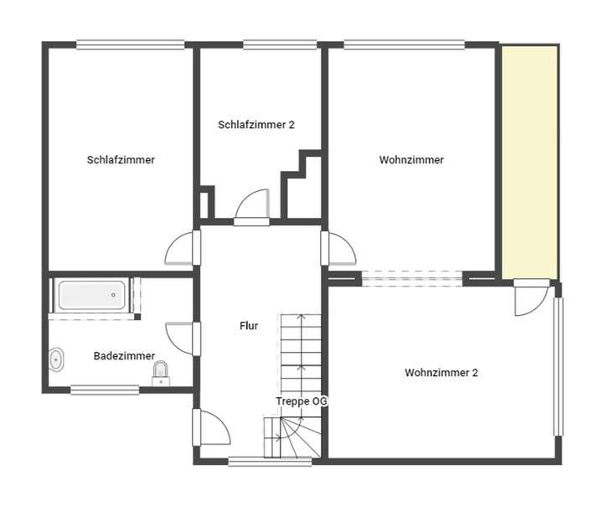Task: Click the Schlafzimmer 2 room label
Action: point(256,125)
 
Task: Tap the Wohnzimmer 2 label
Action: point(441,373)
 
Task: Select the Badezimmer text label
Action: point(124,356)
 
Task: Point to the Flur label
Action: point(248,326)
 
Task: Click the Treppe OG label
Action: point(301,401)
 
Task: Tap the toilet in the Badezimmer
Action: point(161,372)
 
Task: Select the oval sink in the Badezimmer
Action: point(57,360)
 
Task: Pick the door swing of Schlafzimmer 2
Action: point(252,206)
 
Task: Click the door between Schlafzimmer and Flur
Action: point(181,249)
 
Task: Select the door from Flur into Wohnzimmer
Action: point(339,249)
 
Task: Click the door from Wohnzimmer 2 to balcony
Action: point(530,299)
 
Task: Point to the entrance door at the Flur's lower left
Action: point(212,429)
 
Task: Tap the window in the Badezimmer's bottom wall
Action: point(105,389)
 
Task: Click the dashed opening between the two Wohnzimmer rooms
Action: point(411,278)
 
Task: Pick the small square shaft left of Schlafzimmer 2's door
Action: point(205,204)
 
